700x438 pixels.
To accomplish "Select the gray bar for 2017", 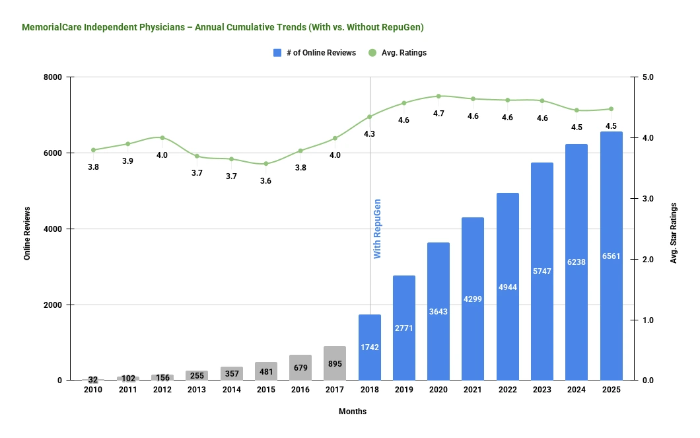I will click(335, 363).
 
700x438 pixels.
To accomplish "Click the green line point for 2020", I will click(438, 96).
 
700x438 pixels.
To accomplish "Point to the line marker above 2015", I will click(266, 164).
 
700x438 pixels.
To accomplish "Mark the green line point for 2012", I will click(162, 137).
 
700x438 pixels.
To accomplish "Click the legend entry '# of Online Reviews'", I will click(314, 53).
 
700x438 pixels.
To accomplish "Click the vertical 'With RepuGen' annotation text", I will click(378, 228).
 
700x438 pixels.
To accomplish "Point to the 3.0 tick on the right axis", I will click(647, 199).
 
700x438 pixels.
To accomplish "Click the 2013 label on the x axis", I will click(197, 390).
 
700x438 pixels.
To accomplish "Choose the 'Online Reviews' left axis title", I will click(27, 229).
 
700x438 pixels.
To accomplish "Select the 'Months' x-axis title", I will click(353, 412).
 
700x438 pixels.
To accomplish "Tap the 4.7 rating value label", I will click(438, 114).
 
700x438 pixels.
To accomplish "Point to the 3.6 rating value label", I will click(266, 181).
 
